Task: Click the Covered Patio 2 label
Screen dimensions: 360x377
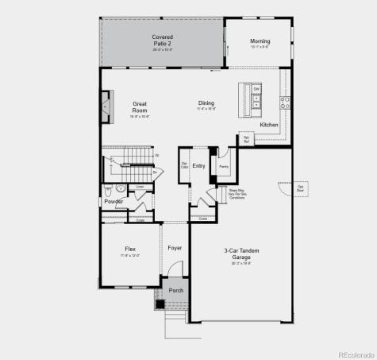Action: [163, 40]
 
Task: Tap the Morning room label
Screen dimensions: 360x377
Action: [260, 41]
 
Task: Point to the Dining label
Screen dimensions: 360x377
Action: [206, 103]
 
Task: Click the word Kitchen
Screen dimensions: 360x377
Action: [269, 125]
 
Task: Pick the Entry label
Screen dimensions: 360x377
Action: [198, 165]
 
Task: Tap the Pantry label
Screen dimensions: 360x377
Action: [224, 167]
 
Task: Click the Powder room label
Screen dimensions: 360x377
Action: [113, 201]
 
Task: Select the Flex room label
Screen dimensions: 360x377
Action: [130, 249]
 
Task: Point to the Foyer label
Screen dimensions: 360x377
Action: [175, 248]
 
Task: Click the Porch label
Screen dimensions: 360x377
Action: [176, 290]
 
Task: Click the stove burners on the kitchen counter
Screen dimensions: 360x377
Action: [286, 102]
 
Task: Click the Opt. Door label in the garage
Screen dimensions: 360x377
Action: [301, 188]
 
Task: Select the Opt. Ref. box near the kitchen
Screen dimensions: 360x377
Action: [246, 139]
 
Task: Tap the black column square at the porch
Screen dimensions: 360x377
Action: [160, 303]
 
